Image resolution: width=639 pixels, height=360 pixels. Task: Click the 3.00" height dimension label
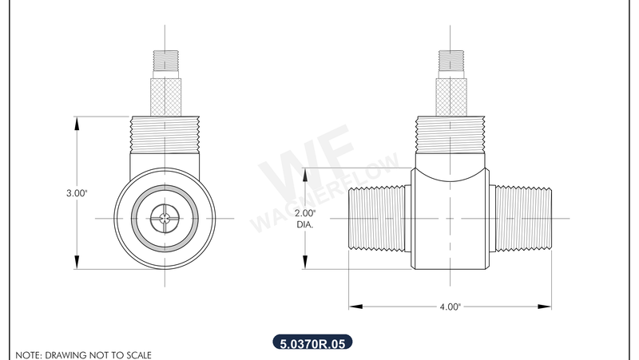click(77, 193)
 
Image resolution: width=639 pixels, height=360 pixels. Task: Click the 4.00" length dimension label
click(450, 306)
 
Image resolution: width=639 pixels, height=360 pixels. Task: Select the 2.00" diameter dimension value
click(306, 214)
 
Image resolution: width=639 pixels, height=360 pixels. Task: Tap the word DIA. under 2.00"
click(305, 225)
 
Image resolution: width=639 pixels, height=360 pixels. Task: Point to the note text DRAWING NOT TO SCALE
click(83, 354)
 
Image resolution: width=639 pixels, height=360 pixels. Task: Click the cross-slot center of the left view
click(165, 218)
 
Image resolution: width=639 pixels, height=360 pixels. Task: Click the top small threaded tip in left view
click(165, 61)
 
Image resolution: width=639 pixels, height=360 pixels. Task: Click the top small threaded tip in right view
click(450, 61)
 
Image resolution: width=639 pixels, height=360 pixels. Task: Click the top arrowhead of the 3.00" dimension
click(77, 122)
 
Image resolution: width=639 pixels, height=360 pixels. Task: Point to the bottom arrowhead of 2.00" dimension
click(306, 267)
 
